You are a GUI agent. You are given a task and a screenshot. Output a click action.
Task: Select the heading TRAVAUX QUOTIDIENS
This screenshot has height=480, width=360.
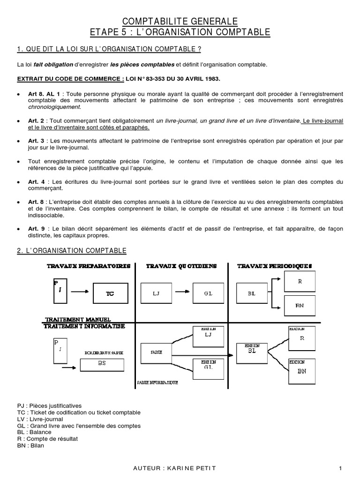(x=181, y=266)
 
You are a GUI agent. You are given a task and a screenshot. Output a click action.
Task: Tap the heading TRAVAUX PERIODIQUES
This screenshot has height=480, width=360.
(x=274, y=266)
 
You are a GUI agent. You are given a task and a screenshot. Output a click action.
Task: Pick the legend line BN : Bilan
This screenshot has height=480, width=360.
(x=30, y=445)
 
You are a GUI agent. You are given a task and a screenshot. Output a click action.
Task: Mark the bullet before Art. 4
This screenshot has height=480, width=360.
(x=18, y=181)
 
